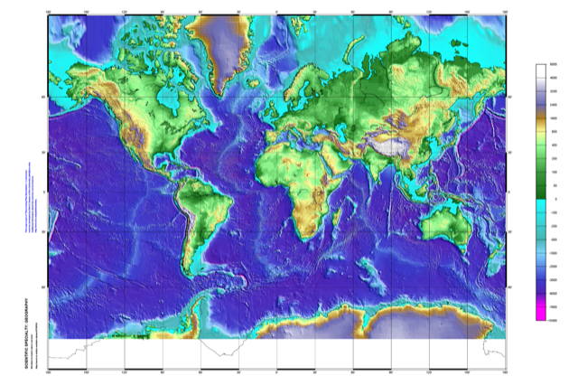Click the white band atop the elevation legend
[x=541, y=70]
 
